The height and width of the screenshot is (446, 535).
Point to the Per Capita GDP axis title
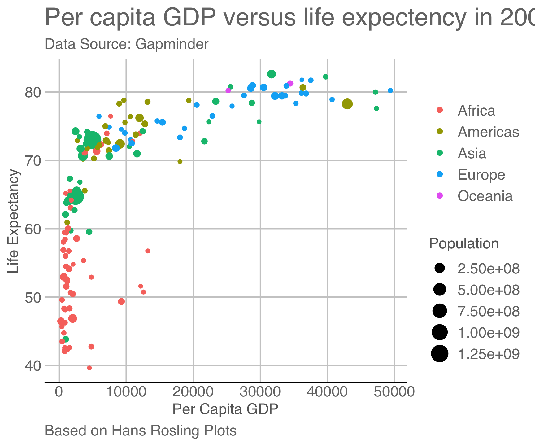click(x=225, y=409)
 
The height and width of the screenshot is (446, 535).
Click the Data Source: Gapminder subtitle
click(x=127, y=44)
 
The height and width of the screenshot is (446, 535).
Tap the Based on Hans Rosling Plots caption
click(x=141, y=431)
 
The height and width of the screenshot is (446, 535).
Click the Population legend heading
click(x=464, y=244)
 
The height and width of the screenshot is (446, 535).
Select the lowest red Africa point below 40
click(x=89, y=368)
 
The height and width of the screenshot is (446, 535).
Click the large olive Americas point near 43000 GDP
click(x=347, y=104)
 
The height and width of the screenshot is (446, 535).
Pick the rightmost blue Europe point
click(x=390, y=90)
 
